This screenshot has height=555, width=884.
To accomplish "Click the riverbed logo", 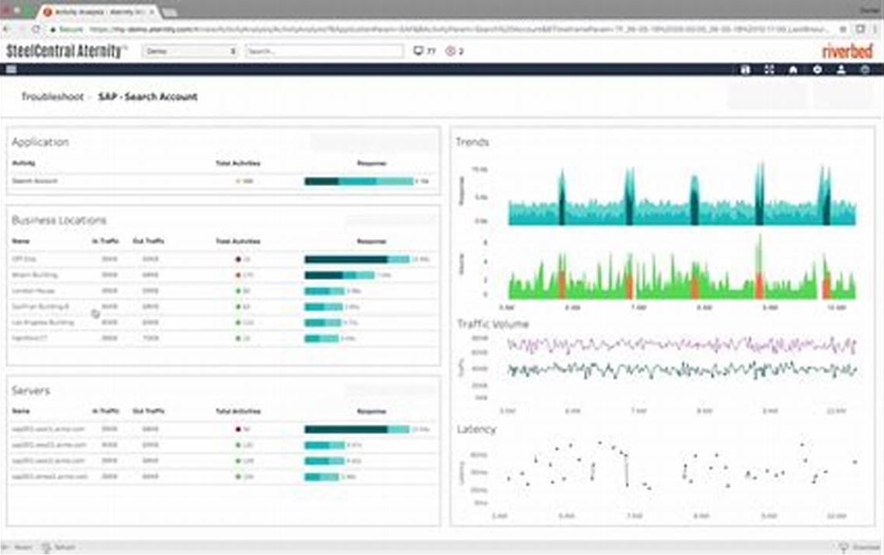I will pyautogui.click(x=847, y=52).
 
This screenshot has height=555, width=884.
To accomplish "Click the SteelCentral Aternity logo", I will pyautogui.click(x=66, y=52).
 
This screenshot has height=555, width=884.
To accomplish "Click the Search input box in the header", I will pyautogui.click(x=324, y=52).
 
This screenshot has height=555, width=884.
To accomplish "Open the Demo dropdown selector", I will pyautogui.click(x=190, y=52).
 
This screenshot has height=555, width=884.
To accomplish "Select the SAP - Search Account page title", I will pyautogui.click(x=148, y=97).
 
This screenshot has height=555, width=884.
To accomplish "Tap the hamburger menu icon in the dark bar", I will pyautogui.click(x=11, y=69).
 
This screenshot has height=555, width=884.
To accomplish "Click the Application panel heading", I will pyautogui.click(x=40, y=142).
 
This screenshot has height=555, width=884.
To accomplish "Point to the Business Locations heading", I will pyautogui.click(x=59, y=220).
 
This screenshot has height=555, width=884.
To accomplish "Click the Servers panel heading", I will pyautogui.click(x=31, y=391).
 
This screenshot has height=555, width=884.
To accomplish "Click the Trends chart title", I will pyautogui.click(x=472, y=142).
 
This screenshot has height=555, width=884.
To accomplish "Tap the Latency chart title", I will pyautogui.click(x=476, y=429).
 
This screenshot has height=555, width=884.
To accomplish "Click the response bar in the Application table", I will pyautogui.click(x=358, y=181).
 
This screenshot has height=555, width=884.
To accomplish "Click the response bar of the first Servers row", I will pyautogui.click(x=356, y=429).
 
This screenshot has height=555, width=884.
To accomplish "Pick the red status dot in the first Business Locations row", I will pyautogui.click(x=238, y=260).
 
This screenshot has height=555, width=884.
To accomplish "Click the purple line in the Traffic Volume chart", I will pyautogui.click(x=678, y=345).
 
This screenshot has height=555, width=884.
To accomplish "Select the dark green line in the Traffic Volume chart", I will pyautogui.click(x=678, y=370).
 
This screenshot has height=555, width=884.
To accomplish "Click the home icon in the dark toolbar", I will pyautogui.click(x=792, y=69).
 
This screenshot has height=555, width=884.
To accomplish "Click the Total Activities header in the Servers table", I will pyautogui.click(x=237, y=411).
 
